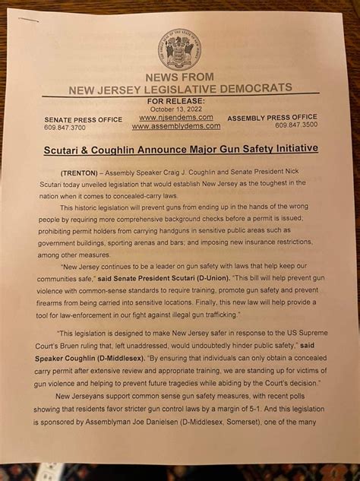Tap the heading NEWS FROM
[x=179, y=78]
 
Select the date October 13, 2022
[x=176, y=108]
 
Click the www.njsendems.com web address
[x=179, y=117]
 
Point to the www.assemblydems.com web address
[x=181, y=126]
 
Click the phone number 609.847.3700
[x=65, y=128]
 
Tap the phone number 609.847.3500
[x=296, y=125]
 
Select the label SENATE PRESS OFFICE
[x=83, y=120]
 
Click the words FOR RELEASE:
[x=175, y=100]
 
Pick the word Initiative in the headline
[x=269, y=148]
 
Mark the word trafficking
[x=218, y=313]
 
